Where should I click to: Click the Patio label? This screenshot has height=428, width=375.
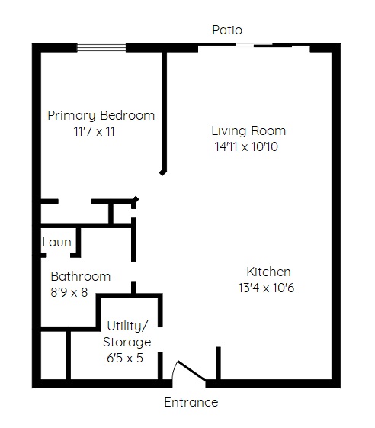tap(227, 30)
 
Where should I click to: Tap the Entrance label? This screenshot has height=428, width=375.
tap(191, 402)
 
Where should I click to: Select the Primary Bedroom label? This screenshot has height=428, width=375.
tap(101, 116)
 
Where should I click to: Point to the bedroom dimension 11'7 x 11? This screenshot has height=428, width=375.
tap(94, 131)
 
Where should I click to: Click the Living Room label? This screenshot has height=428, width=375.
tap(248, 130)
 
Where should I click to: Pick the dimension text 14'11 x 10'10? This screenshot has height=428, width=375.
tap(246, 146)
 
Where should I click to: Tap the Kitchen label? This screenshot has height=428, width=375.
tap(268, 272)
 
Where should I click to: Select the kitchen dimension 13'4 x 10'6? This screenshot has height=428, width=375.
tap(266, 288)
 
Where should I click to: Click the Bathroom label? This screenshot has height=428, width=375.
tap(81, 276)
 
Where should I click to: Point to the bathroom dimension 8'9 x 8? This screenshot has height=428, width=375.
tap(69, 292)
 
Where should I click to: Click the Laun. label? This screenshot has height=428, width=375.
tap(58, 242)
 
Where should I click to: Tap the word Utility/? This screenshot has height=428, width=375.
tap(127, 327)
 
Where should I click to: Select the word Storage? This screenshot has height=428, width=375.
tap(127, 343)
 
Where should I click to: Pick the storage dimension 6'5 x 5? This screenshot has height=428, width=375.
tap(125, 358)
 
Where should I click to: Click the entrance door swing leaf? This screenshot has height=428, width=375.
tap(191, 371)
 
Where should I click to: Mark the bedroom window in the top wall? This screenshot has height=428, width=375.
tap(101, 48)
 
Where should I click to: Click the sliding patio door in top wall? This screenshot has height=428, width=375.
tap(254, 47)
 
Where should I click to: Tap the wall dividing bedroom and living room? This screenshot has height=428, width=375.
tap(164, 112)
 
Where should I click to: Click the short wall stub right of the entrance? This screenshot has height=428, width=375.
tap(218, 363)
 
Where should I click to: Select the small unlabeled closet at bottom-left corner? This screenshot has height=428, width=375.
tap(53, 355)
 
